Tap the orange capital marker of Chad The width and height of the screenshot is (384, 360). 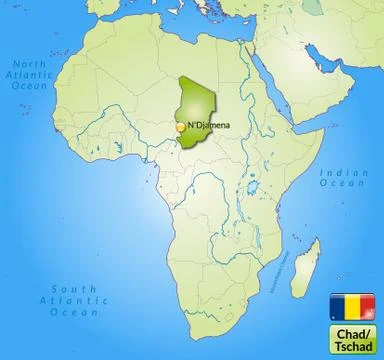[x=181, y=128]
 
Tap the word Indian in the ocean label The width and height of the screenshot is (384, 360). [x=340, y=172]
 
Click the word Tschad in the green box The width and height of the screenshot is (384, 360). [x=347, y=340]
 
